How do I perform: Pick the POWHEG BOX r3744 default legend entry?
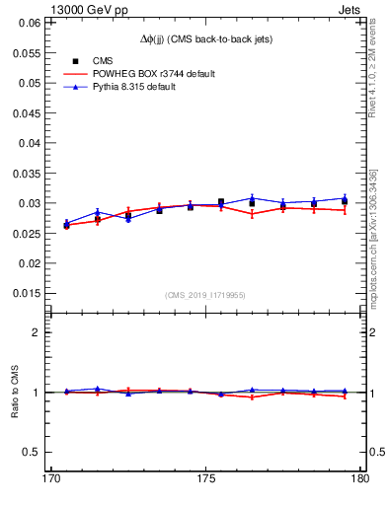[x=152, y=74]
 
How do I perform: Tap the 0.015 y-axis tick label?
[x=30, y=293]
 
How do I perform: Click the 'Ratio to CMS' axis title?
[x=15, y=392]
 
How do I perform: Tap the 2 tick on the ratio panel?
[x=39, y=332]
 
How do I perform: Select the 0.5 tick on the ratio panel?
[x=35, y=452]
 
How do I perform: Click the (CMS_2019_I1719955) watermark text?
[x=204, y=294]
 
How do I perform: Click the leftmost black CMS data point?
[x=66, y=225]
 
